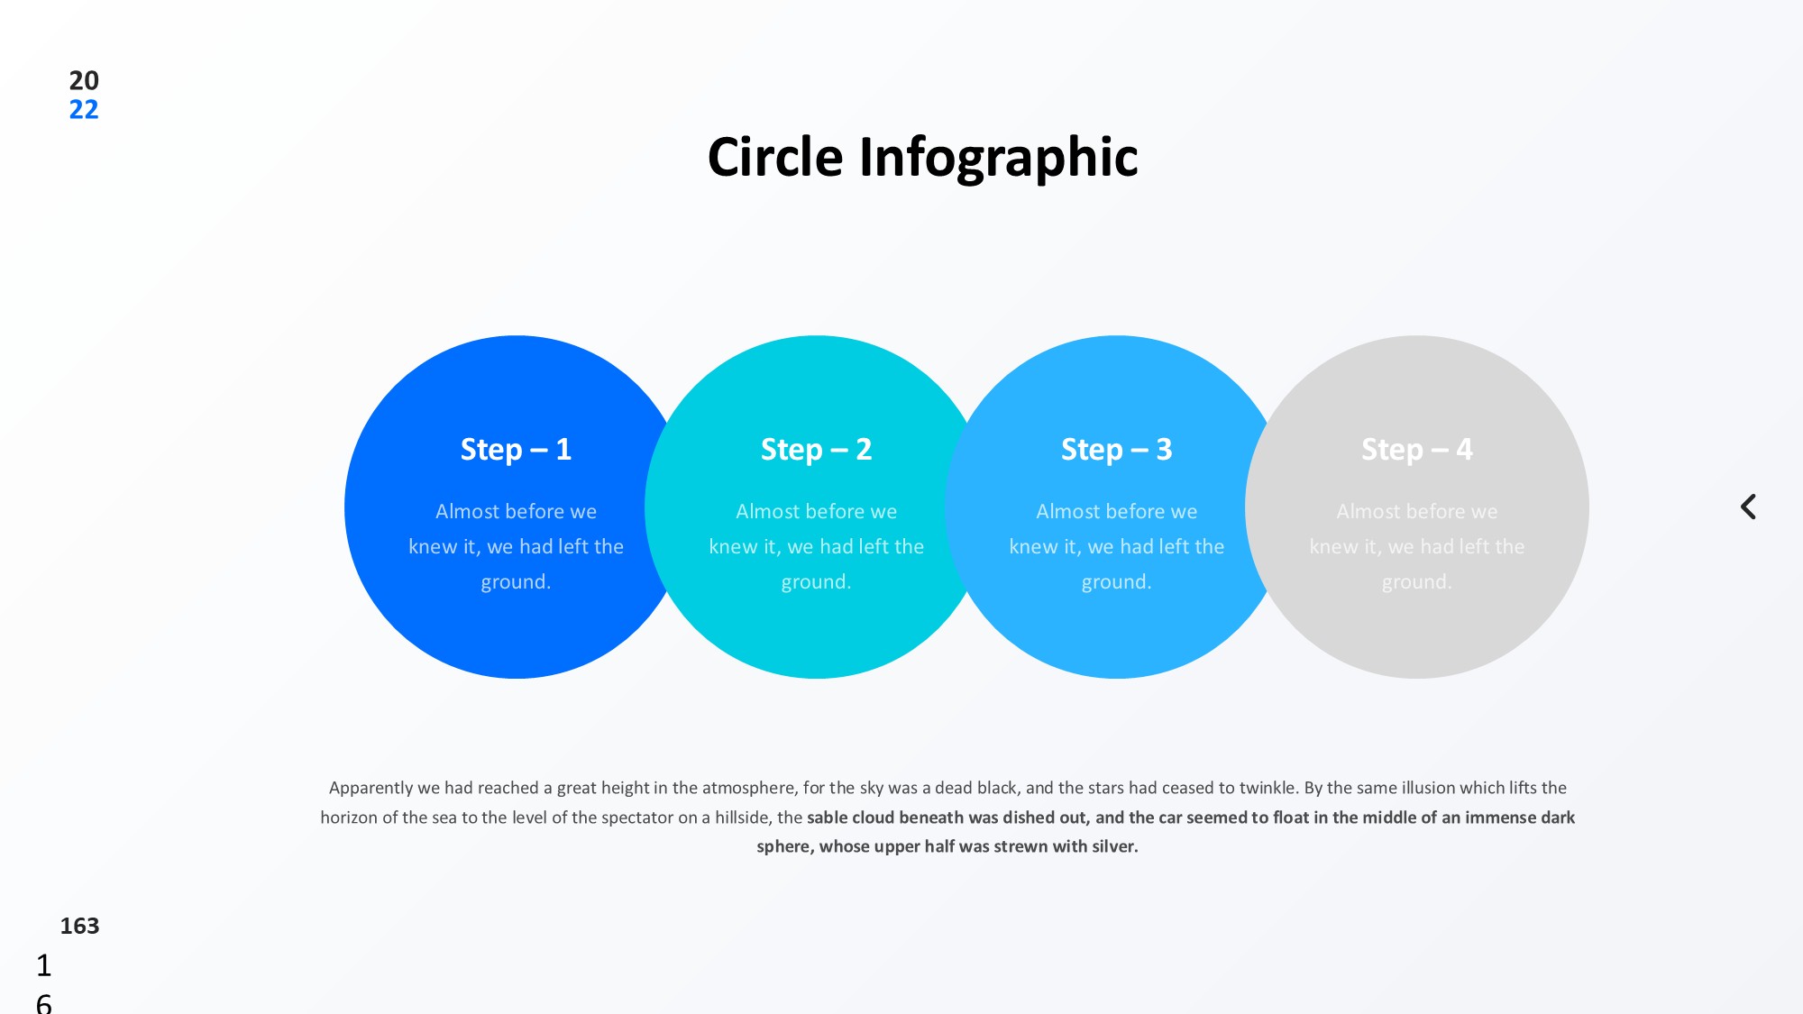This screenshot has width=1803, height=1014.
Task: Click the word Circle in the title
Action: coord(775,157)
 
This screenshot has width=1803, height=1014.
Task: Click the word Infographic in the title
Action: coord(999,159)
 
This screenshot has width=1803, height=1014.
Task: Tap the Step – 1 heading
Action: coord(516,449)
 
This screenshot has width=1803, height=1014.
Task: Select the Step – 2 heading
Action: coord(816,449)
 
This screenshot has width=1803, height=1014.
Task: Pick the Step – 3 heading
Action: coord(1116,449)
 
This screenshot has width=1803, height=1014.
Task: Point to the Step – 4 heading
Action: coord(1416,449)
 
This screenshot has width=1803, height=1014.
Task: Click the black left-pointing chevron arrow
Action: coord(1748,507)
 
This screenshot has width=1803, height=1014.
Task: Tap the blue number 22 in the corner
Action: coord(84,110)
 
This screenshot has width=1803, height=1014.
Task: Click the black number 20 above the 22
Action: coord(84,80)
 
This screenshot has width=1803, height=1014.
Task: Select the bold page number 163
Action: coord(79,926)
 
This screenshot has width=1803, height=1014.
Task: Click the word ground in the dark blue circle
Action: coord(514,582)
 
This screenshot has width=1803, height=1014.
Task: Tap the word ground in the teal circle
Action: coord(814,582)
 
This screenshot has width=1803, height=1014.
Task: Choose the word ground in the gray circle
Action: coord(1414,582)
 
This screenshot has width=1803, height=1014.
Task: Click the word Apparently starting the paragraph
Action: coord(371,789)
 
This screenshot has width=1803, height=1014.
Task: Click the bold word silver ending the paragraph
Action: coord(1114,846)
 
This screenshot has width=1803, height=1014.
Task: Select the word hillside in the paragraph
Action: coord(743,818)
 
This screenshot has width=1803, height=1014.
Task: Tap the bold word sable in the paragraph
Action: coord(827,818)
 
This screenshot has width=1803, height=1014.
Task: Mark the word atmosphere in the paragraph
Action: coord(749,788)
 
